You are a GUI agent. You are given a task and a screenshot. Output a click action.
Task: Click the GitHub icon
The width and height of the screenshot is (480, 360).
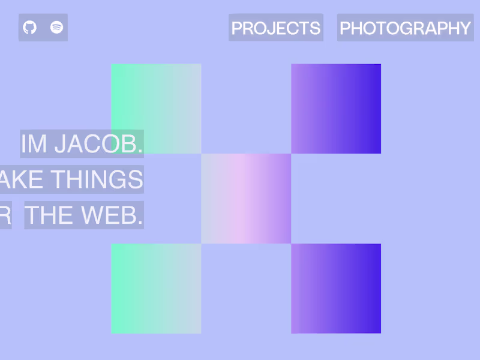tap(30, 28)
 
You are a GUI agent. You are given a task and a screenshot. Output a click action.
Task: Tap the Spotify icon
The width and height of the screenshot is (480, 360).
tap(56, 28)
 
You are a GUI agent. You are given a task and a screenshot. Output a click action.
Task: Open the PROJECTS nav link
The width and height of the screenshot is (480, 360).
tap(275, 28)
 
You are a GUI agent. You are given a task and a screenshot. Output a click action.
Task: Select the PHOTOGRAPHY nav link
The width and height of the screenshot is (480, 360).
tap(405, 28)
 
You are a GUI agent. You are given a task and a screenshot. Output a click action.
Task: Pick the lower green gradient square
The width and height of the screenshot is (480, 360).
tap(156, 288)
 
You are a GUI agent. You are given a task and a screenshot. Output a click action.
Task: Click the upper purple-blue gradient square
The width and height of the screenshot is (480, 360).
tap(336, 108)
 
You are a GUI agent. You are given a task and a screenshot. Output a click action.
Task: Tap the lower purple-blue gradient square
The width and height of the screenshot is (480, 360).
tap(336, 288)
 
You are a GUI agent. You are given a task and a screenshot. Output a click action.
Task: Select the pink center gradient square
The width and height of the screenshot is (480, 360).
tap(246, 198)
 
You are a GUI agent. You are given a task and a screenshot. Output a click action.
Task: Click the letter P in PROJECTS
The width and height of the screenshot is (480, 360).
tap(237, 28)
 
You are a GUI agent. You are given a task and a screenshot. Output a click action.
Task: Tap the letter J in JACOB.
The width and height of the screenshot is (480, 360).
tap(59, 144)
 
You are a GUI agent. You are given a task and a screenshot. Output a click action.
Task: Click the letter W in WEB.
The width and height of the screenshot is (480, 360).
tap(94, 215)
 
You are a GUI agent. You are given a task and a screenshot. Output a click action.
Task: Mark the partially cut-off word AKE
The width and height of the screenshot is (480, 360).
tap(22, 179)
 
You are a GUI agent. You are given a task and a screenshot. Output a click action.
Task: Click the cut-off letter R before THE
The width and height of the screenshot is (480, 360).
tap(5, 215)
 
